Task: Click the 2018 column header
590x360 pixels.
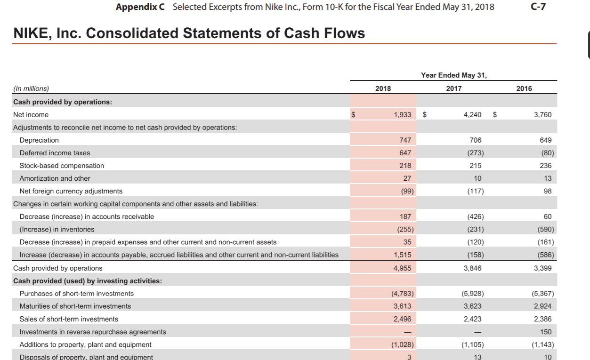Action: pyautogui.click(x=383, y=88)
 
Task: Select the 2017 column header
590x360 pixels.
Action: pyautogui.click(x=454, y=88)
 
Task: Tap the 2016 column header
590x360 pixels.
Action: pyautogui.click(x=524, y=88)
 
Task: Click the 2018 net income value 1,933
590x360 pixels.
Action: pyautogui.click(x=402, y=115)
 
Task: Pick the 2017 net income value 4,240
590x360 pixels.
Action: pyautogui.click(x=472, y=115)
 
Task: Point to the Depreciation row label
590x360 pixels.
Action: pyautogui.click(x=39, y=140)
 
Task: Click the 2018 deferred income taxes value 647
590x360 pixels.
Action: pyautogui.click(x=405, y=153)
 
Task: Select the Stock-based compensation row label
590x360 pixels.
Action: pyautogui.click(x=62, y=166)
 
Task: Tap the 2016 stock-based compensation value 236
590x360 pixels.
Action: pyautogui.click(x=546, y=166)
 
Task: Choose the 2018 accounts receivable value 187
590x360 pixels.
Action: pyautogui.click(x=405, y=216)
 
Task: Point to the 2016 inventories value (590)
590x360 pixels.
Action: pyautogui.click(x=545, y=229)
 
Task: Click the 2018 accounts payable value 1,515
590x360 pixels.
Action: pyautogui.click(x=402, y=255)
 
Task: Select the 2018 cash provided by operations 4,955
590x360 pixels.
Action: pyautogui.click(x=402, y=268)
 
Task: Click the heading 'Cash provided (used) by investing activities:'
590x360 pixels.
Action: pyautogui.click(x=88, y=281)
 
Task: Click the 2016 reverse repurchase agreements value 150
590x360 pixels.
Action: pyautogui.click(x=546, y=332)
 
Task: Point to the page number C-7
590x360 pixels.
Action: pyautogui.click(x=538, y=7)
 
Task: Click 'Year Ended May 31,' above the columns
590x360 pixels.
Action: pyautogui.click(x=454, y=75)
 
